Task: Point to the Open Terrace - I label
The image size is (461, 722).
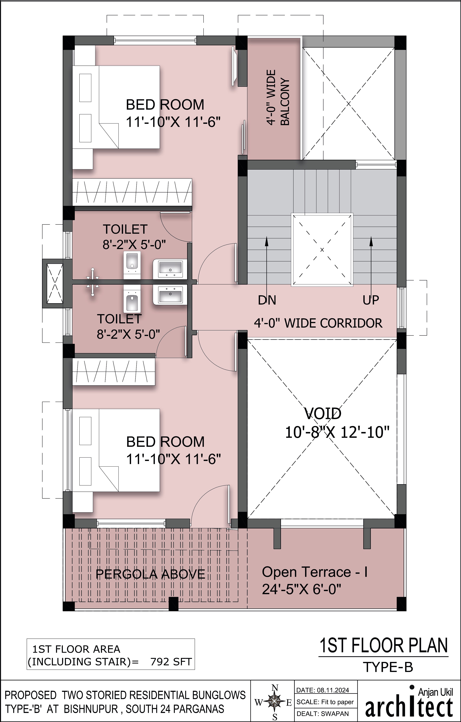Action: (315, 572)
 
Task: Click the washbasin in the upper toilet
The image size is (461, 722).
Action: (170, 268)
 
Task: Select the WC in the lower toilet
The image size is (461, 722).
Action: (132, 301)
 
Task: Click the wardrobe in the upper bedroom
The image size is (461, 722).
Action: (132, 192)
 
